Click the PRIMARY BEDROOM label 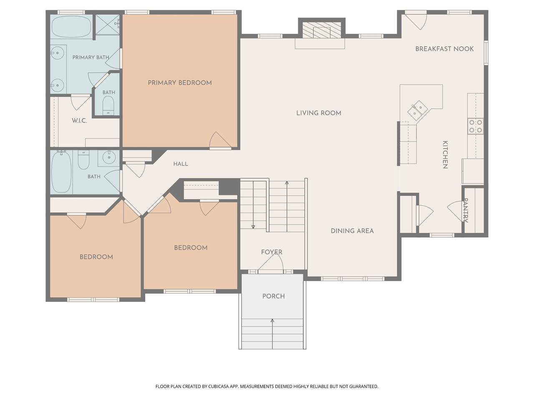[x=179, y=83]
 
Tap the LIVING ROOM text [x=318, y=113]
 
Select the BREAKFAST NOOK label [x=444, y=49]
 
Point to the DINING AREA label [x=352, y=231]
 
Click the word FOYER [x=272, y=252]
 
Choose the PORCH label [x=273, y=296]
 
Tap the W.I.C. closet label [x=79, y=121]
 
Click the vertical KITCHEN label [x=445, y=155]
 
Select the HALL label [x=181, y=164]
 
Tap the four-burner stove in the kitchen [x=476, y=126]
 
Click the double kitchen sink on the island [x=418, y=110]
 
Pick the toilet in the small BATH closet [x=108, y=106]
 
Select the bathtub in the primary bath [x=71, y=27]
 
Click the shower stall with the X [x=107, y=25]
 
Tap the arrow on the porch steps [x=272, y=334]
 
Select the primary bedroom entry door [x=220, y=140]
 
